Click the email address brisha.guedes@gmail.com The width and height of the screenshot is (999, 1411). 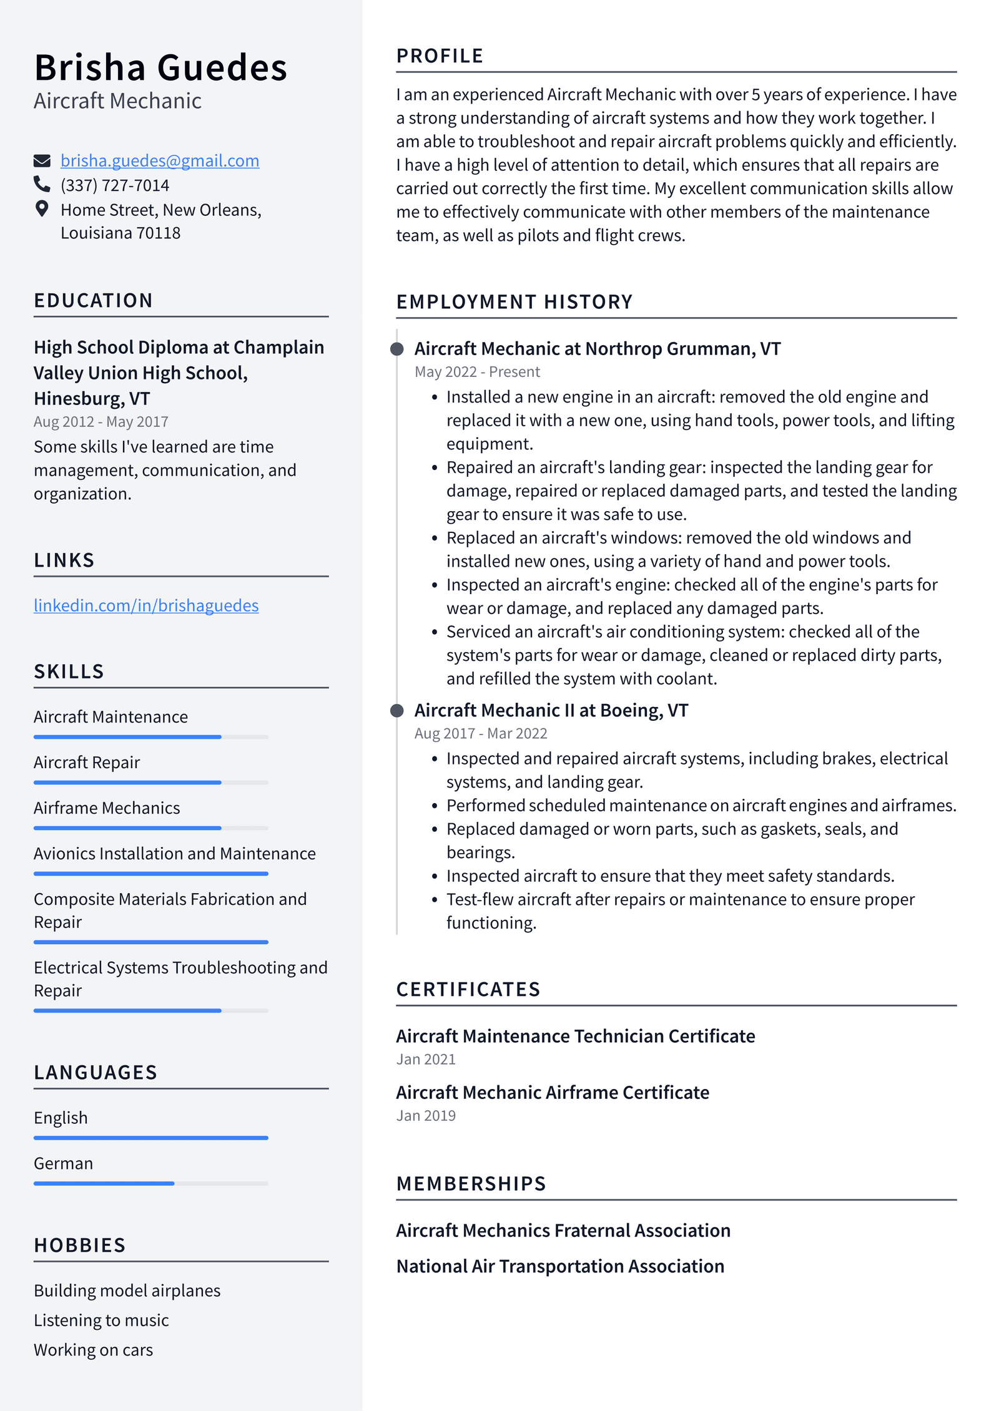159,161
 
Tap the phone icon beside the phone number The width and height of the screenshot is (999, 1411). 42,184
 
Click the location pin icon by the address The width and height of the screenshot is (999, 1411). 42,209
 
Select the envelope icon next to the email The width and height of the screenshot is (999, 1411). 42,161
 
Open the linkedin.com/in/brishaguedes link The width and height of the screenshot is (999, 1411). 146,605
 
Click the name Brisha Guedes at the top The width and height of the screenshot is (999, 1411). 160,67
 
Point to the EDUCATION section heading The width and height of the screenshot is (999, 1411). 93,300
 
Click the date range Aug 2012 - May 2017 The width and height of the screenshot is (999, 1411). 101,422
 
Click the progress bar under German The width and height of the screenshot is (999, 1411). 150,1183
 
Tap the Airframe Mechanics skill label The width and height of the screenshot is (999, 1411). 107,808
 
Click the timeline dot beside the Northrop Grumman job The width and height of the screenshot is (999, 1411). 396,349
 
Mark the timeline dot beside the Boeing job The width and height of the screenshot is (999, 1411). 396,711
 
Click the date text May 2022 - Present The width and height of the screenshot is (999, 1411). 477,372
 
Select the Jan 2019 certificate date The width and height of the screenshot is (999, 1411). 426,1116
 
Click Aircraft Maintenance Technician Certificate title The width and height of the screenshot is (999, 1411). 575,1036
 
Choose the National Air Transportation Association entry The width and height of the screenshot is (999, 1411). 560,1266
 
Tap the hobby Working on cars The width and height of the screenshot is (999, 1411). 93,1350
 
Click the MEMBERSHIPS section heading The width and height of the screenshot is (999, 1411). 471,1184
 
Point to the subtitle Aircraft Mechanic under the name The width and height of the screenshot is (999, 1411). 117,101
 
